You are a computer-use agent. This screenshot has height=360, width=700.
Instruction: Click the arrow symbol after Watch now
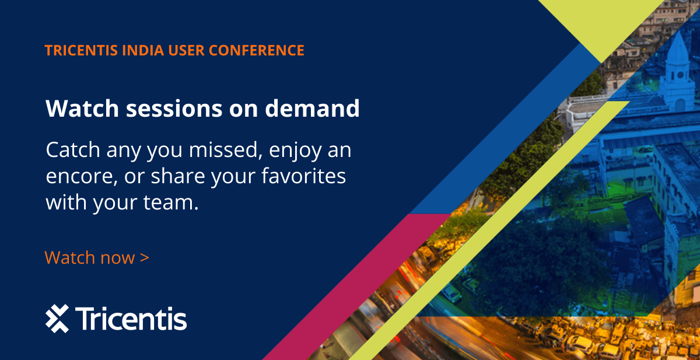click(145, 257)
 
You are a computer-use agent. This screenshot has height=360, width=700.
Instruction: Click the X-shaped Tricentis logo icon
click(57, 319)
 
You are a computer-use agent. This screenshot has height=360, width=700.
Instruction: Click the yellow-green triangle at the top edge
click(601, 23)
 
